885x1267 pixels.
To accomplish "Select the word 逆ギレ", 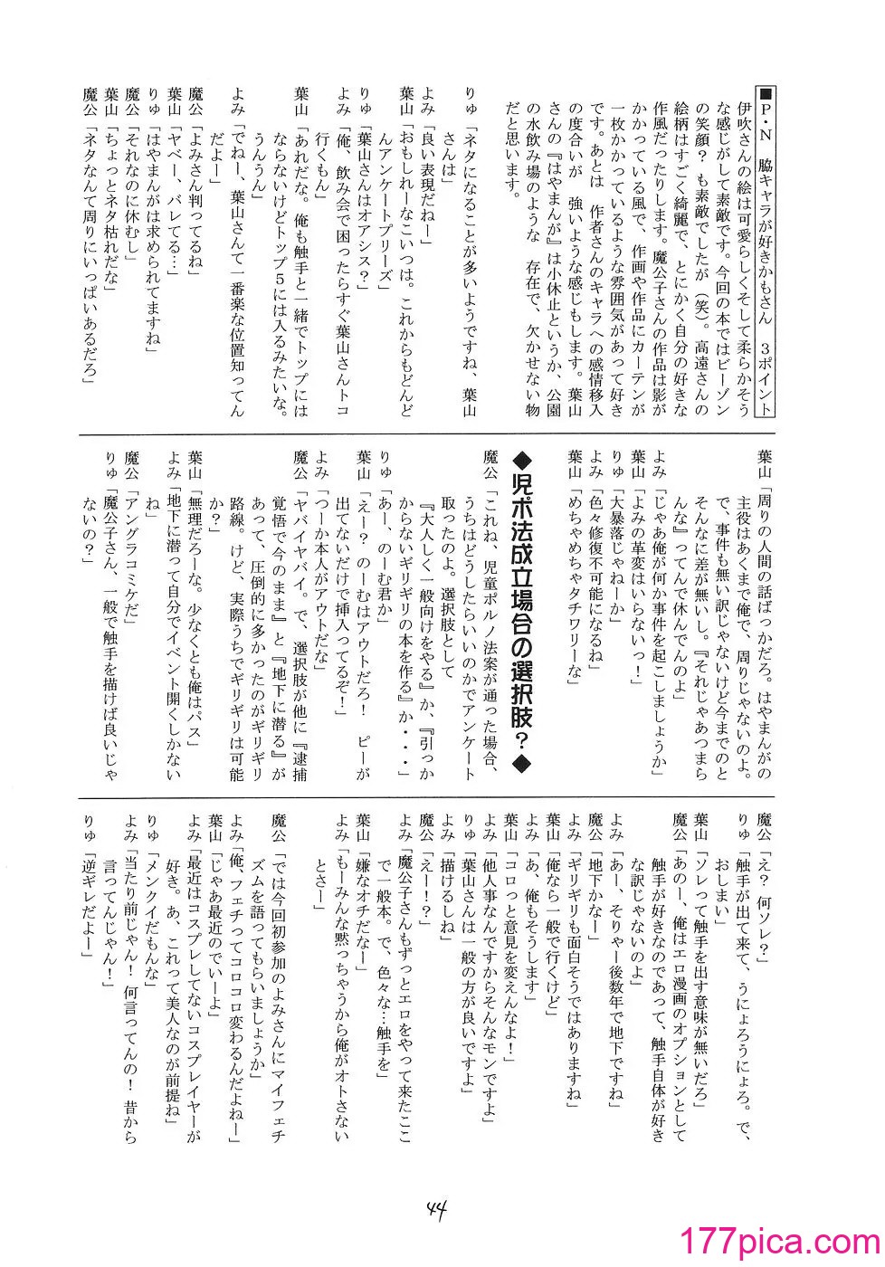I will tap(88, 875).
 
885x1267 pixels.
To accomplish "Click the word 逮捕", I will tap(300, 757).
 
